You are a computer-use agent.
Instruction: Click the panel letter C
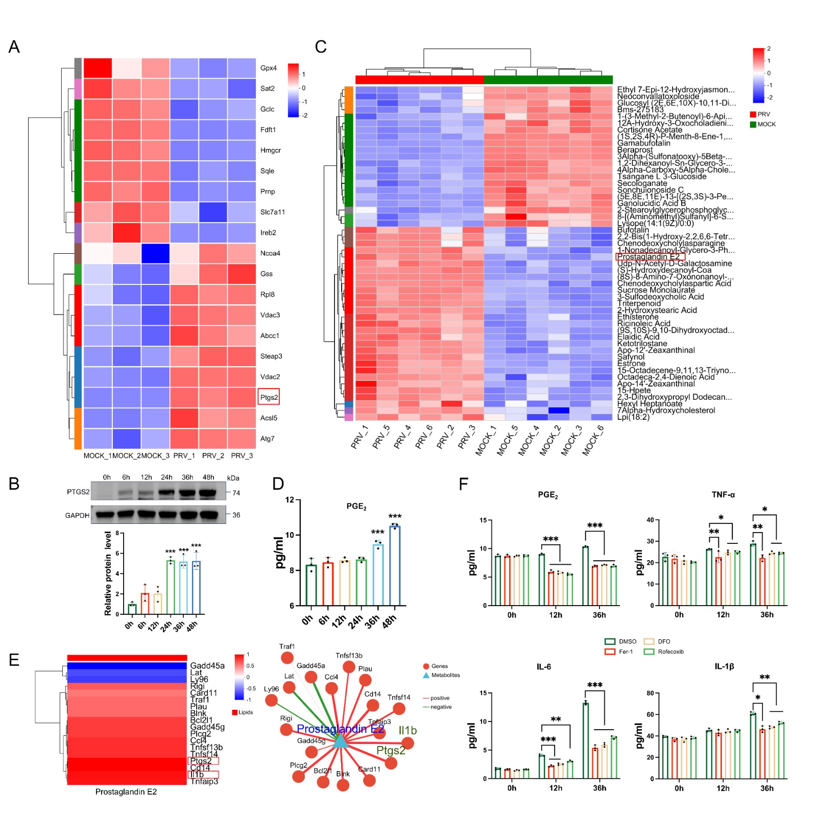coord(321,47)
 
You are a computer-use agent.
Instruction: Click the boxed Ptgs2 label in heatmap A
coord(269,397)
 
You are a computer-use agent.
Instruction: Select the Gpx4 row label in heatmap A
coord(268,68)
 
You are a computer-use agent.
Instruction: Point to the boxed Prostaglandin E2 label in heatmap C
coord(649,257)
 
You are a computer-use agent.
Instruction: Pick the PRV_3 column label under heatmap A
coord(242,455)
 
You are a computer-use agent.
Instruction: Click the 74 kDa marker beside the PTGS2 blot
coord(236,493)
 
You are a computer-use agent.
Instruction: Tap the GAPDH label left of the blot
coord(77,515)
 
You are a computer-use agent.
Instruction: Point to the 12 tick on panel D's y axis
coord(290,500)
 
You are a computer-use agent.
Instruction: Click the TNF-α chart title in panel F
coord(723,495)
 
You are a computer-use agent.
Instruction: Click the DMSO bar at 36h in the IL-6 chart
coord(586,740)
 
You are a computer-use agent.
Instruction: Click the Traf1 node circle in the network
coord(287,658)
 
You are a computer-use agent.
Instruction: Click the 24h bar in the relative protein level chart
coord(171,587)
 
